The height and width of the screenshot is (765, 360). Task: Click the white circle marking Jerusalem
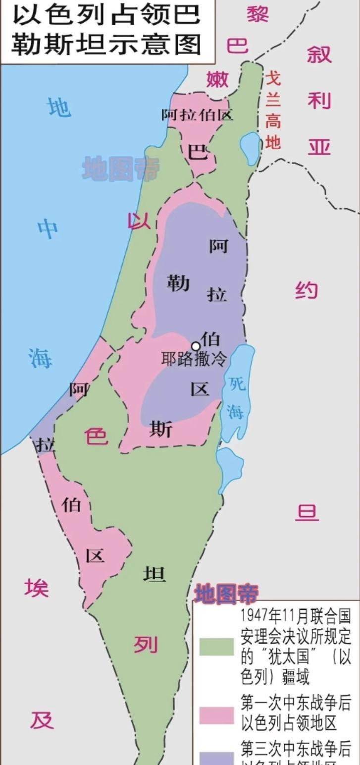pos(196,346)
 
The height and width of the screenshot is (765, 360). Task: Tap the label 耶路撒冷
pos(194,359)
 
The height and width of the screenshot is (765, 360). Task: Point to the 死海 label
pos(236,396)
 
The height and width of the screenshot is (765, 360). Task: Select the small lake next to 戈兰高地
pos(250,148)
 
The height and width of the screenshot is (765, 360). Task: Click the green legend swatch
pos(216,647)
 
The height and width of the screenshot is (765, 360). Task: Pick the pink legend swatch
pos(216,715)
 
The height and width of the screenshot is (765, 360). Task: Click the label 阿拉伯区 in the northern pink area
pos(197,115)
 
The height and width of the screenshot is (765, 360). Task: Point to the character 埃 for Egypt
pos(37,588)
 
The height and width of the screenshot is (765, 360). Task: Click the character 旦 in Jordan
pos(307,512)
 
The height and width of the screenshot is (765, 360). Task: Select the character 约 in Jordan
pos(307,289)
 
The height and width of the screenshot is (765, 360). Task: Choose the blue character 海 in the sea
pos(40,358)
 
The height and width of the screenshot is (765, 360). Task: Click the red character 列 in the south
pos(146,645)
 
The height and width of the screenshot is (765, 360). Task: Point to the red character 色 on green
pos(96,436)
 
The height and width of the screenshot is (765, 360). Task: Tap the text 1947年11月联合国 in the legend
pos(296,616)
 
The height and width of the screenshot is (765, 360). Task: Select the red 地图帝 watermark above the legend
pos(226,594)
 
